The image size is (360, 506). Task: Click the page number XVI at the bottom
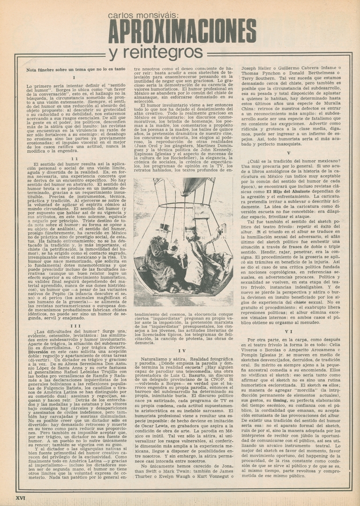click(x=21, y=497)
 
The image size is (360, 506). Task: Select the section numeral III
click(x=75, y=313)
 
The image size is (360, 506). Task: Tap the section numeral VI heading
click(x=289, y=318)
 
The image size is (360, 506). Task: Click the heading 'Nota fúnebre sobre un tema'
click(x=76, y=69)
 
